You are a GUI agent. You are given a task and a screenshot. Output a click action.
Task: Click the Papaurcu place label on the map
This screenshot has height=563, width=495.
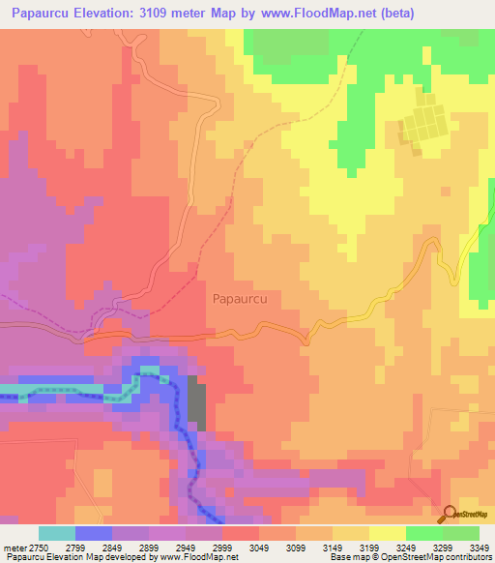(x=239, y=300)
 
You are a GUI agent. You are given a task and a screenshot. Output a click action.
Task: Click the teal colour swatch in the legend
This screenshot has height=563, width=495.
(x=57, y=533)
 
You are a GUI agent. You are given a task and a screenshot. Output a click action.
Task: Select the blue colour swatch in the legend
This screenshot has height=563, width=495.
(x=94, y=533)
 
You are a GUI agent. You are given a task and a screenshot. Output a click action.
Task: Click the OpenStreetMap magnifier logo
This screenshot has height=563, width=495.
(x=449, y=514)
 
